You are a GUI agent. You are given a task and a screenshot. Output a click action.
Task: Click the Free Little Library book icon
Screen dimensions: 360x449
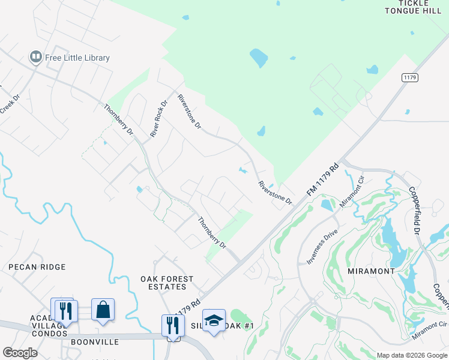[x=35, y=58]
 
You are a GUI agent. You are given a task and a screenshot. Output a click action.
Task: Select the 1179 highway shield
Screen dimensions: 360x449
[x=410, y=78]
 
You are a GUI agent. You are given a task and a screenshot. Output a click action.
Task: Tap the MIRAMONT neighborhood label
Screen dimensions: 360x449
[x=371, y=271]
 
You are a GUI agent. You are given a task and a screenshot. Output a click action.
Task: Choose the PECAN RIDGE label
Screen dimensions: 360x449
[x=37, y=266]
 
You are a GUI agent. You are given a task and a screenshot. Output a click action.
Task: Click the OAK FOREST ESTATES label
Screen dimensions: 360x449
[x=167, y=283]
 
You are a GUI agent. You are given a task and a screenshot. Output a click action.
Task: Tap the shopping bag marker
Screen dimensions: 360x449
[x=103, y=310]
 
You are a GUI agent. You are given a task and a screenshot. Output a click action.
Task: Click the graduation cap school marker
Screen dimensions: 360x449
[x=213, y=321]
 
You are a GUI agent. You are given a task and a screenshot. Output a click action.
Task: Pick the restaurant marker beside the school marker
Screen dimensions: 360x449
[x=172, y=326]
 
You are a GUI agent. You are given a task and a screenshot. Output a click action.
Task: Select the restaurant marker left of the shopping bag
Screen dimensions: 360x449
[x=64, y=311]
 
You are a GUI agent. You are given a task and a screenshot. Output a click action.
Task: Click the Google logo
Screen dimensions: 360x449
[x=20, y=353]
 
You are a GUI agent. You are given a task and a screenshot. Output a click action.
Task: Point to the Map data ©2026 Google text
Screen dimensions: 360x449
[x=411, y=355]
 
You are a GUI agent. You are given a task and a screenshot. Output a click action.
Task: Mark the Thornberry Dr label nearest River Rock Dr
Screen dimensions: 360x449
[x=118, y=119]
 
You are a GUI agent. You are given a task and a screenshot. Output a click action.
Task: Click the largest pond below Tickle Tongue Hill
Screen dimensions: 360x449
[x=259, y=58]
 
